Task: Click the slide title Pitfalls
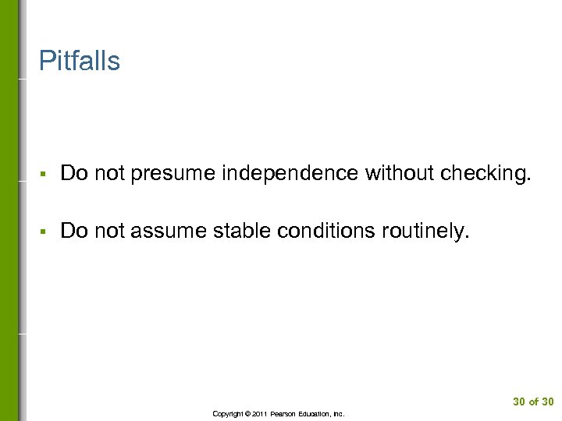pyautogui.click(x=80, y=61)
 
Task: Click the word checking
pyautogui.click(x=486, y=173)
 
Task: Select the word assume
pyautogui.click(x=169, y=231)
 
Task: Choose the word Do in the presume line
pyautogui.click(x=73, y=172)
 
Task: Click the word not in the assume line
pyautogui.click(x=109, y=230)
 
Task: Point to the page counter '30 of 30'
pyautogui.click(x=533, y=402)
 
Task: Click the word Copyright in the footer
pyautogui.click(x=227, y=414)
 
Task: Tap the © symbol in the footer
pyautogui.click(x=249, y=414)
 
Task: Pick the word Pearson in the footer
pyautogui.click(x=286, y=414)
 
